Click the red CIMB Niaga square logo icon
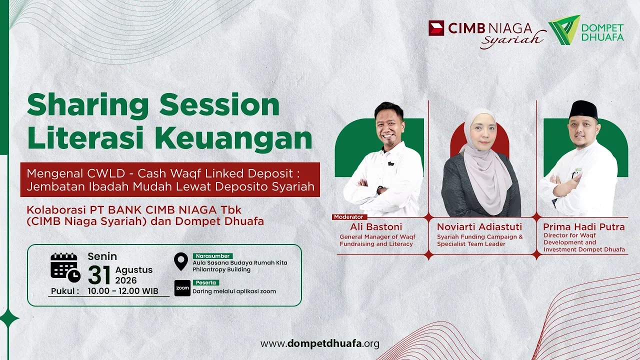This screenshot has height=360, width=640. [x=436, y=28]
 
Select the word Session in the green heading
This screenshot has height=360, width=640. [x=219, y=105]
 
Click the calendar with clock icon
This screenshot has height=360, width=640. [x=65, y=267]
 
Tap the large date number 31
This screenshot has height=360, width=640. [x=99, y=275]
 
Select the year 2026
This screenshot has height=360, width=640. [x=125, y=280]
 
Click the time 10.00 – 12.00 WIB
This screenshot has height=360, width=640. [x=123, y=291]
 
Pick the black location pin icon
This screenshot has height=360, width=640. [x=181, y=261]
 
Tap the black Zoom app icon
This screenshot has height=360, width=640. [x=182, y=288]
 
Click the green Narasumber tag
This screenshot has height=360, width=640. [x=212, y=256]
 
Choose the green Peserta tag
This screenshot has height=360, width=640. [x=205, y=282]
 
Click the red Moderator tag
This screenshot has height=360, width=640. [x=349, y=217]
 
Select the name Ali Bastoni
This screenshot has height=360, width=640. [x=376, y=227]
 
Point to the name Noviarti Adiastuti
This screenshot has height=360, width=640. [x=479, y=227]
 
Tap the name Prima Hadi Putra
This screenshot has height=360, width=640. [x=583, y=227]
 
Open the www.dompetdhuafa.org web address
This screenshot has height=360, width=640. [x=319, y=343]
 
